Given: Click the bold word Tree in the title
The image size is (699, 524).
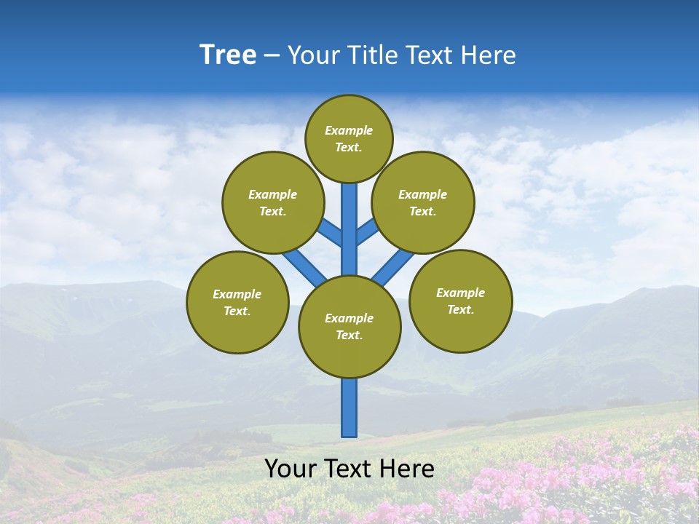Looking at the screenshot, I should pos(228,55).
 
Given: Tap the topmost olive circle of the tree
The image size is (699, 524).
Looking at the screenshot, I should pos(349,138).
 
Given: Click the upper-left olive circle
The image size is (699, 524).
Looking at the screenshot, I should pos(273,202).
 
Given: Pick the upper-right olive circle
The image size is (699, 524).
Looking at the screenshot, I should pos(423,202).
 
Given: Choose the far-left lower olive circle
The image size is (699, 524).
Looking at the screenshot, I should pos(237,302).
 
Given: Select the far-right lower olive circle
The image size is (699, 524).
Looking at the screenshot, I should pos(460,301).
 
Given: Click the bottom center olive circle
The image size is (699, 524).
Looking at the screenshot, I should pos(349,327).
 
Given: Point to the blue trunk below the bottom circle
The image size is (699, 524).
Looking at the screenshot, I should pos(349,408).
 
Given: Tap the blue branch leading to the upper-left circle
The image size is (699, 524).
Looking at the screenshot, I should pos(330,233).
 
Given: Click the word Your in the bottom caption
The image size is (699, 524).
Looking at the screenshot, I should pos(289,469).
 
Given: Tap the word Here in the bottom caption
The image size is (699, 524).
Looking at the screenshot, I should pos(409,469).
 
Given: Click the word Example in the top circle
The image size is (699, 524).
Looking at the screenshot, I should pos(349,130).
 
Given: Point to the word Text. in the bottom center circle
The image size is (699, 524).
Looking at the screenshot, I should pos(349,336).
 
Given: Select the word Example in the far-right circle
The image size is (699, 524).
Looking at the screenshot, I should pos(460,293).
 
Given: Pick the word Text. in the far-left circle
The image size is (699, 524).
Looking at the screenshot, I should pos(237,311).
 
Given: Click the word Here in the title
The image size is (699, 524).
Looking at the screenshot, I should pos(492,55).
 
